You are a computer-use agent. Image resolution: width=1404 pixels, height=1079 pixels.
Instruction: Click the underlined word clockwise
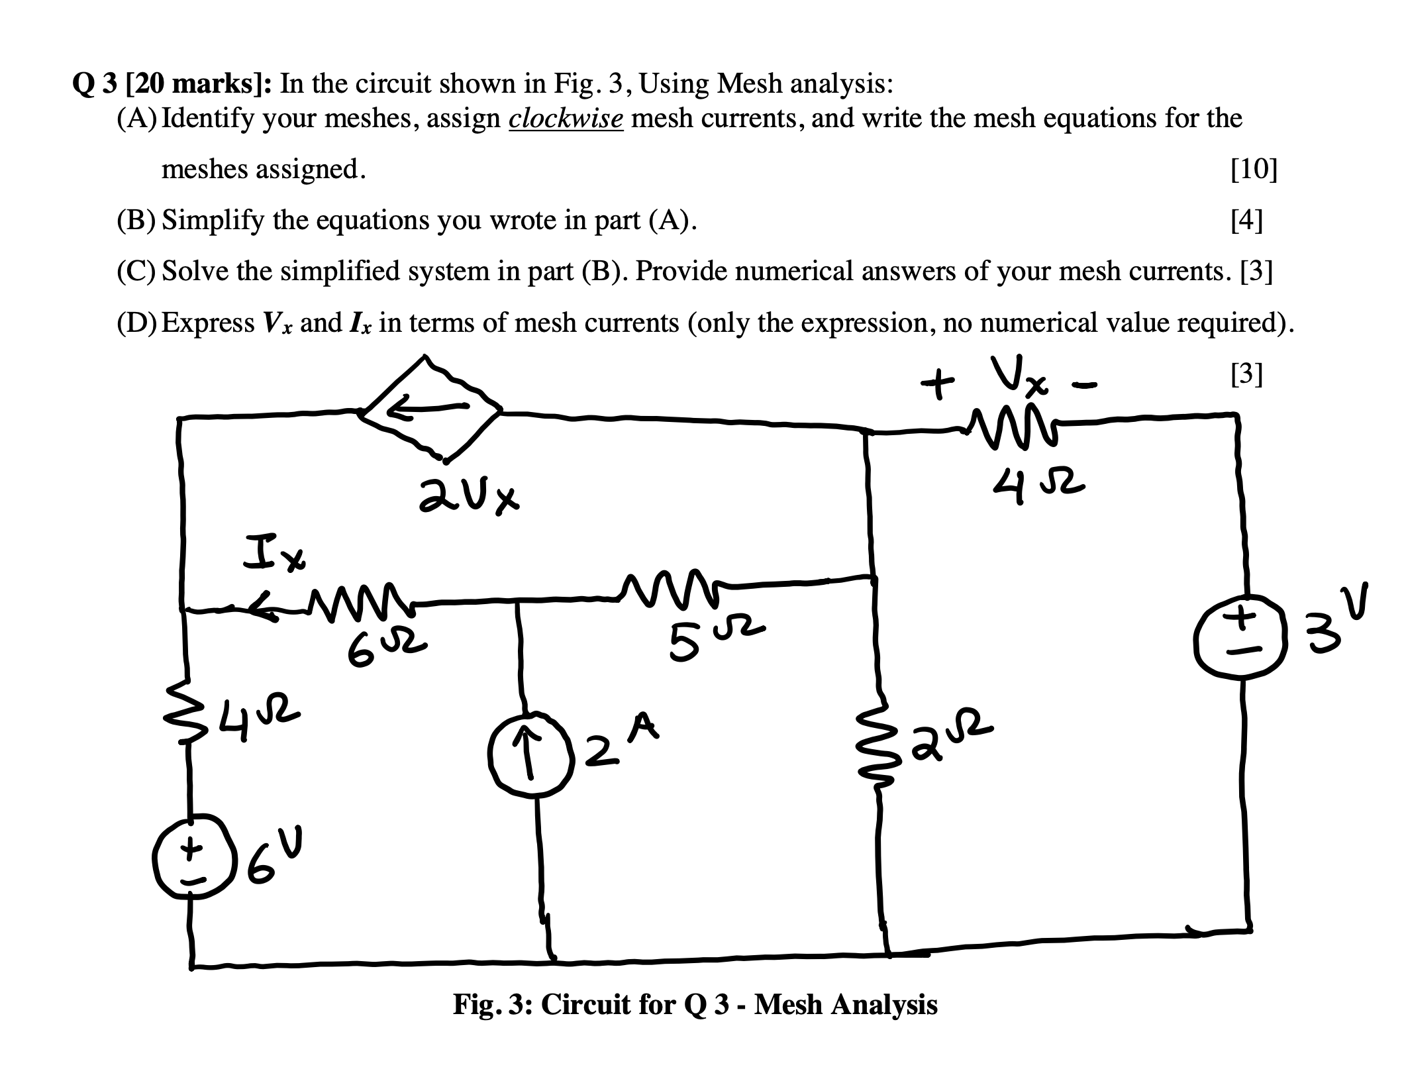point(566,119)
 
